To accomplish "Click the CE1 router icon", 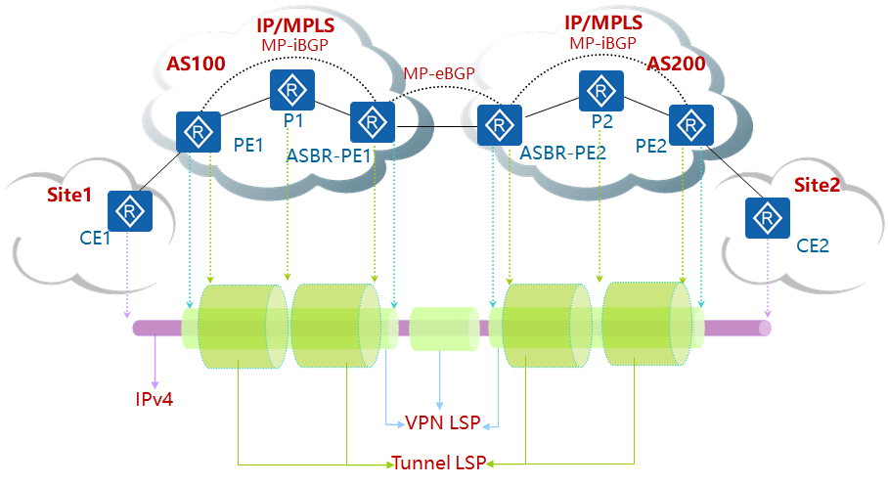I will tap(128, 210).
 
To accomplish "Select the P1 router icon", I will tap(292, 90).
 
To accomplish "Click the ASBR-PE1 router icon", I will tap(372, 122).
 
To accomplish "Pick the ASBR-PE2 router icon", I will tap(499, 124).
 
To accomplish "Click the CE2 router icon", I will tap(766, 218).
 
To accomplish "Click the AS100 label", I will tap(196, 66).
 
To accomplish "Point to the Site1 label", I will tap(69, 195).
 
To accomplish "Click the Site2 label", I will tap(817, 186).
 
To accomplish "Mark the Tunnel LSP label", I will tap(440, 463).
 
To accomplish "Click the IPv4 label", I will tap(155, 399).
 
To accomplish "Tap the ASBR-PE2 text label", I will tap(562, 153).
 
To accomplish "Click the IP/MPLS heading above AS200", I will tap(603, 22).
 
